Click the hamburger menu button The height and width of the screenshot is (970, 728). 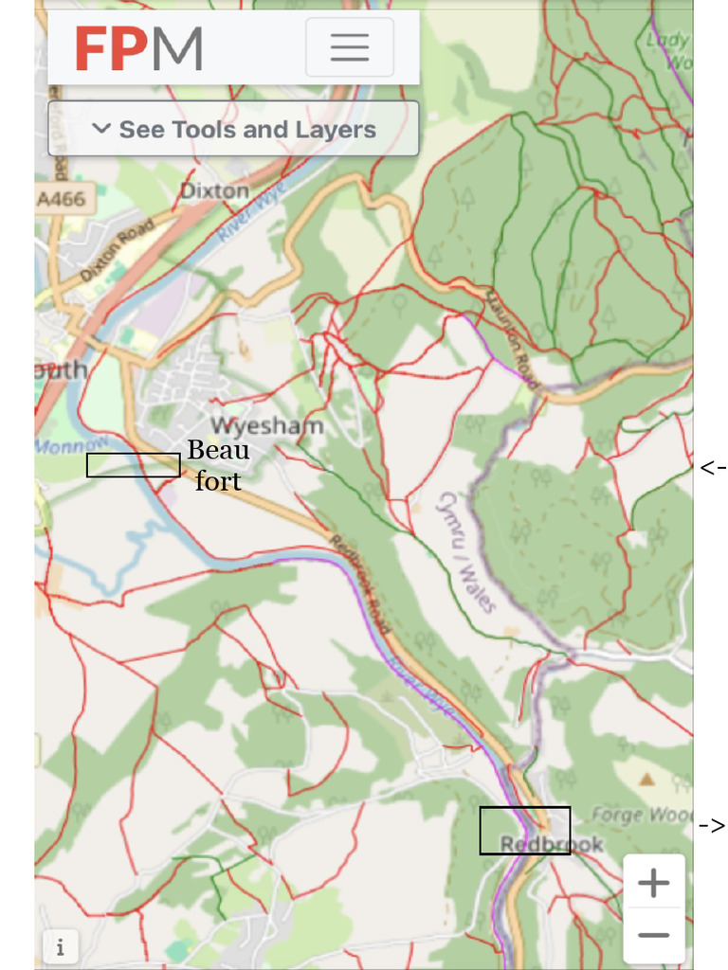(x=349, y=47)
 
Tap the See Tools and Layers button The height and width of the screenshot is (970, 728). (x=233, y=129)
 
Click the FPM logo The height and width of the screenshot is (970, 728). (x=139, y=49)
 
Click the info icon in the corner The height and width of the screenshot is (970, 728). (x=60, y=946)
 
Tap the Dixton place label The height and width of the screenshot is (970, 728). (x=214, y=190)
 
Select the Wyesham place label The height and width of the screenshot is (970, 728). (x=266, y=426)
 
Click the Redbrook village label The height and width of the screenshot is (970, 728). (x=551, y=844)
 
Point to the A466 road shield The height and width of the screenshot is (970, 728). (x=62, y=199)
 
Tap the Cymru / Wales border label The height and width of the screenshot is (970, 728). (x=465, y=551)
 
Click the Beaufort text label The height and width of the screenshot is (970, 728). (x=218, y=465)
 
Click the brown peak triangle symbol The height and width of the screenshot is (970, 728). (x=647, y=780)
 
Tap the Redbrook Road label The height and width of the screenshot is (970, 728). (x=360, y=585)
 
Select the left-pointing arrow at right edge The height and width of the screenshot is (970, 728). (x=712, y=467)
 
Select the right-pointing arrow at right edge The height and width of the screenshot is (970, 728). (x=712, y=825)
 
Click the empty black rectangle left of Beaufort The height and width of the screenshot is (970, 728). (x=133, y=465)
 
